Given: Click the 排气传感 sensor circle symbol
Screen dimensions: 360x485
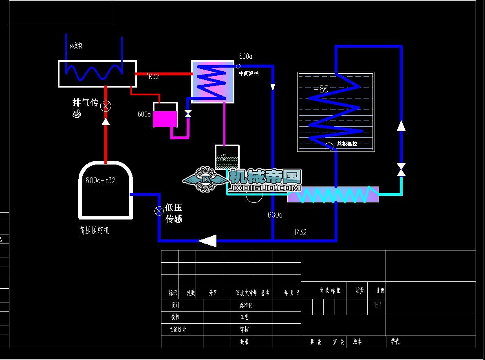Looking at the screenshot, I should [106, 106].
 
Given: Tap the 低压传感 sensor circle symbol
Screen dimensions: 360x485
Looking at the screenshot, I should [159, 211].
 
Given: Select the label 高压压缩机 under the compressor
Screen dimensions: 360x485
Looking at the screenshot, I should [94, 231].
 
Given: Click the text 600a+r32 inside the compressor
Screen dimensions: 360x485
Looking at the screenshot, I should [100, 180].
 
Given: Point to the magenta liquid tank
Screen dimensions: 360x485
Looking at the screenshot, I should [165, 119].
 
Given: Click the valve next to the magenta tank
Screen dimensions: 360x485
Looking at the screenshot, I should [188, 114].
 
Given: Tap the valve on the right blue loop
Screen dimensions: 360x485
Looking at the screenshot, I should [401, 169].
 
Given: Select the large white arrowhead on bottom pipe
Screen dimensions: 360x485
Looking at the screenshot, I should [208, 241].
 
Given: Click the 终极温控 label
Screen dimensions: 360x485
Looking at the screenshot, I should [347, 144].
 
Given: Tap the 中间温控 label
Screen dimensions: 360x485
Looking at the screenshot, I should [249, 73].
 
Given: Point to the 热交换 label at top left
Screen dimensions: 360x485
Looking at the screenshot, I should [76, 46].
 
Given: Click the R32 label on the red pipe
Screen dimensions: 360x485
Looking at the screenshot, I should [153, 77].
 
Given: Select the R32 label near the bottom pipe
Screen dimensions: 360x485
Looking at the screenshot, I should [300, 232].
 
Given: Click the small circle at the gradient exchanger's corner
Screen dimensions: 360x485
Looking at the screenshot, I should [238, 66].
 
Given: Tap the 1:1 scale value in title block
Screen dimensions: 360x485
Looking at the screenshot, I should [378, 305].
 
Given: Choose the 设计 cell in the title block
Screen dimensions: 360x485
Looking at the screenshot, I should [175, 305].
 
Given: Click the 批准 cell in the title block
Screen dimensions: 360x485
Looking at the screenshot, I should [245, 342].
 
